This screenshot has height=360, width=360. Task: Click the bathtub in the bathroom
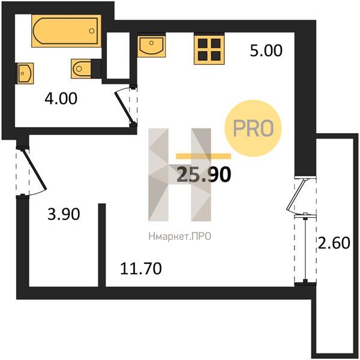pos(66,31)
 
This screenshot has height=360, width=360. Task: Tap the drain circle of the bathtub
pos(92,31)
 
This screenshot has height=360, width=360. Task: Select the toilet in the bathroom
pos(81,68)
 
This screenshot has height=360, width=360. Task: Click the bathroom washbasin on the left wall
pos(25,73)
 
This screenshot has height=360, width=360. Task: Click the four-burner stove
pos(209,50)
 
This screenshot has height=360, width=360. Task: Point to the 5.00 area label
pos(266,51)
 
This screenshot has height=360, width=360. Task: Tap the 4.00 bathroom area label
pos(61,99)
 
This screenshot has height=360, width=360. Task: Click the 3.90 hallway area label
pos(64,214)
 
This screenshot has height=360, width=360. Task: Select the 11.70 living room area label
pos(141,269)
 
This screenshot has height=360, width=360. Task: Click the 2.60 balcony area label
pos(334,243)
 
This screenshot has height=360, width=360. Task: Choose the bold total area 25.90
pos(203,175)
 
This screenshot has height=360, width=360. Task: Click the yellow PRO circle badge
pos(253,128)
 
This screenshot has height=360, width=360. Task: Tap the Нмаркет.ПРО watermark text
pos(180,236)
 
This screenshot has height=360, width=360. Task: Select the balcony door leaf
pos(296,194)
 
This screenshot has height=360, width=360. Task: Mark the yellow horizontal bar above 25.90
pos(203,156)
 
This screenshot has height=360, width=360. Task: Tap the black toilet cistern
pos(96,68)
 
